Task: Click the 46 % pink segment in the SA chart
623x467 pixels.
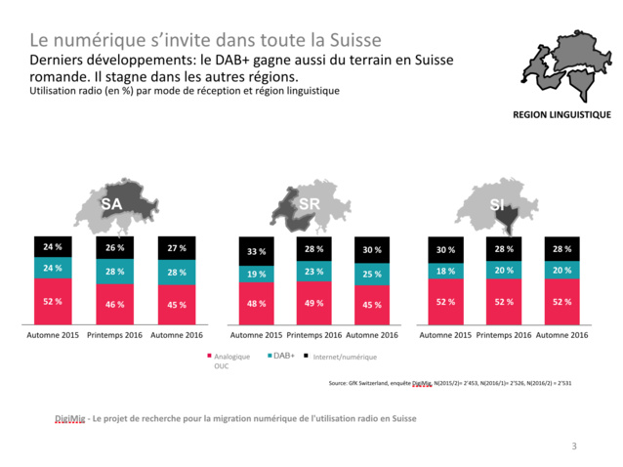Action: pos(114,304)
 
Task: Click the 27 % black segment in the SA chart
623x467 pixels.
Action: pos(177,248)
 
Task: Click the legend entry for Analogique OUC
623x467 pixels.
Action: pos(229,361)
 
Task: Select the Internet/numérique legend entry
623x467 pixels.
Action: pos(341,357)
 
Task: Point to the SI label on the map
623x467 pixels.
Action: pos(497,204)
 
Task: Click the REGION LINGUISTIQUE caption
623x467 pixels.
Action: pos(561,114)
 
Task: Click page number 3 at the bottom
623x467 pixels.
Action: pos(573,446)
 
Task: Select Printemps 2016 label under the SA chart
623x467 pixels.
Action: pos(114,334)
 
